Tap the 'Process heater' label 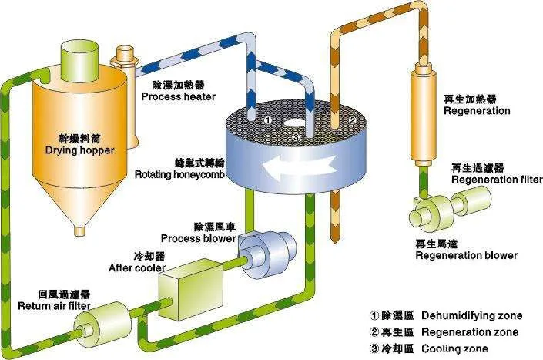click(x=178, y=96)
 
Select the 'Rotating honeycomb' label click(x=179, y=173)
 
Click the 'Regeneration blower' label click(x=466, y=254)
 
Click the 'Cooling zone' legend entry click(x=431, y=349)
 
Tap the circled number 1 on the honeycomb click(x=266, y=120)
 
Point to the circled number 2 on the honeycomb click(x=352, y=120)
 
